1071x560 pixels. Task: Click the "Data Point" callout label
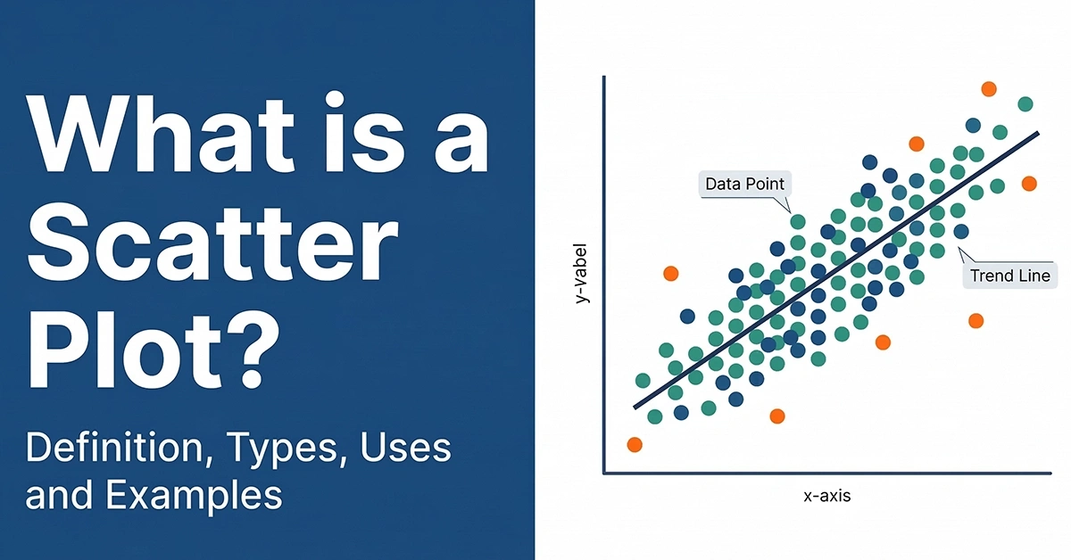tap(744, 185)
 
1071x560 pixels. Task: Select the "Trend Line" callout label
tap(1010, 276)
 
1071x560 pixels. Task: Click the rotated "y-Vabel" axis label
tap(582, 273)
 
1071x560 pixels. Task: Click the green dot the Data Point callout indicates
tap(797, 221)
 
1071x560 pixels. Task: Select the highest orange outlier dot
tap(988, 88)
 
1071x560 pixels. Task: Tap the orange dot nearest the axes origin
tap(635, 444)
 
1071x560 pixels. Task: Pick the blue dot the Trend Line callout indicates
tap(960, 231)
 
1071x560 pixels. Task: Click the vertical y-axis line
tap(604, 276)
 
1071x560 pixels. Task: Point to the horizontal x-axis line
tap(830, 474)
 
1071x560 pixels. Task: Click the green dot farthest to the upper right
tap(1025, 104)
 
